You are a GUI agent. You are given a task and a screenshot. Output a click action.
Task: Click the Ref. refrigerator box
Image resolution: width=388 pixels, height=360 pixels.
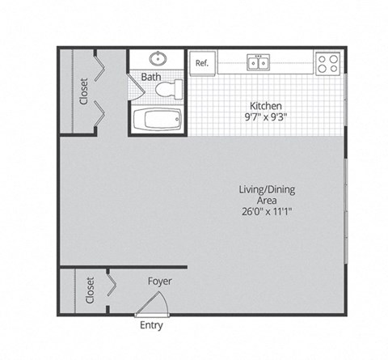[x=202, y=62]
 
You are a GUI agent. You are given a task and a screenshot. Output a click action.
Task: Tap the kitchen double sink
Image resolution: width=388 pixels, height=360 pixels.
[x=259, y=62]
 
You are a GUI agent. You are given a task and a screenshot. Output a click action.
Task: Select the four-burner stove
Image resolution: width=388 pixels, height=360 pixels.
[x=327, y=62]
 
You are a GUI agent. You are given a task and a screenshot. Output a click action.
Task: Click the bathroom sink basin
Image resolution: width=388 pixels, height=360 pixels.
[x=157, y=59]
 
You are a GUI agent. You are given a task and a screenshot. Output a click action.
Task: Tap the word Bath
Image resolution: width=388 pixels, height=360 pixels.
[x=151, y=77]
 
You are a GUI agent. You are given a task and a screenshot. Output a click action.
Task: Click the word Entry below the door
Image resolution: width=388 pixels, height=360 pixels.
[x=151, y=326]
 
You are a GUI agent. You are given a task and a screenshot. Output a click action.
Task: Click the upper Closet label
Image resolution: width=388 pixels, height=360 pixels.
[x=83, y=91]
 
